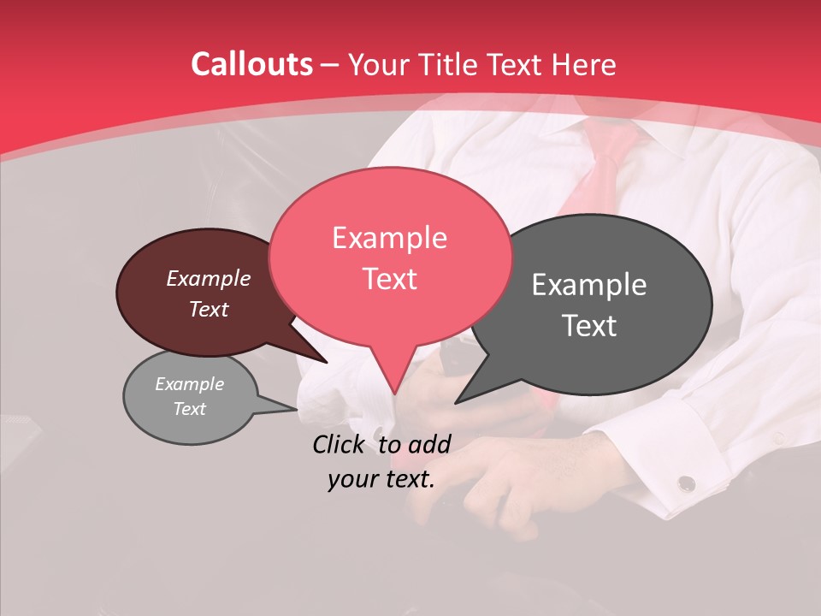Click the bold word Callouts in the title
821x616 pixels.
pyautogui.click(x=251, y=64)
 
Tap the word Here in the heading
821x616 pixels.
pyautogui.click(x=585, y=64)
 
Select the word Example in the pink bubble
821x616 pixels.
pyautogui.click(x=389, y=238)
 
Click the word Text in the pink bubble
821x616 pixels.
pyautogui.click(x=389, y=279)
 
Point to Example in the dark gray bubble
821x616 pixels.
pyautogui.click(x=589, y=285)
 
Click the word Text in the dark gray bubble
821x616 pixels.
pyautogui.click(x=590, y=326)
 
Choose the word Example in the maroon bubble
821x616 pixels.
pyautogui.click(x=208, y=278)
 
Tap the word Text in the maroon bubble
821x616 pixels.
pyautogui.click(x=208, y=309)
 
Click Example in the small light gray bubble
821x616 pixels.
pyautogui.click(x=189, y=384)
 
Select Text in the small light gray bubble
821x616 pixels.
pyautogui.click(x=189, y=409)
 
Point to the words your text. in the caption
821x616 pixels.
pyautogui.click(x=381, y=479)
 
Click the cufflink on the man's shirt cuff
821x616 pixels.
pyautogui.click(x=686, y=484)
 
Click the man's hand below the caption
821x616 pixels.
pyautogui.click(x=496, y=479)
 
